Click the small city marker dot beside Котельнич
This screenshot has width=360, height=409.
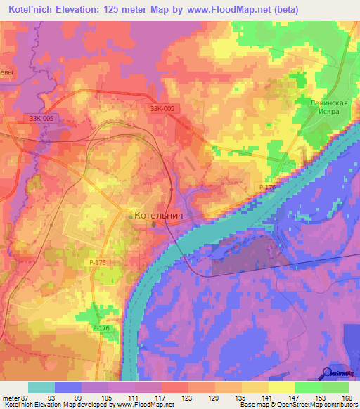pyautogui.click(x=130, y=216)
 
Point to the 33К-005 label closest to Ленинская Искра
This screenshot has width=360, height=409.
pyautogui.click(x=162, y=108)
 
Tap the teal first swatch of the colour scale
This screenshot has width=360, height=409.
pyautogui.click(x=41, y=388)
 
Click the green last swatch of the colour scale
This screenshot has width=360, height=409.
pyautogui.click(x=335, y=388)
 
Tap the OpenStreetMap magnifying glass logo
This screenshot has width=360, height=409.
pyautogui.click(x=328, y=372)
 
